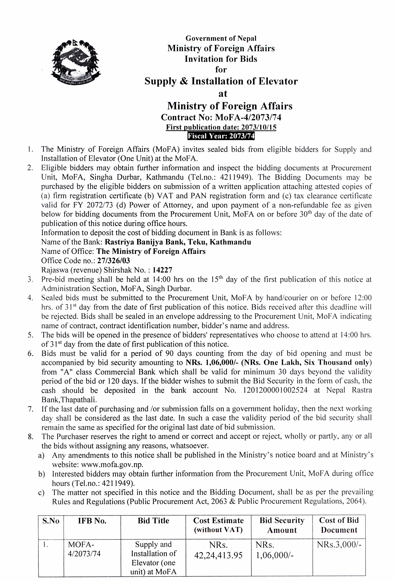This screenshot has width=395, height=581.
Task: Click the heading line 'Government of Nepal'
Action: click(x=221, y=38)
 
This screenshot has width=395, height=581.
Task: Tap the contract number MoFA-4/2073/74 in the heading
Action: click(x=248, y=117)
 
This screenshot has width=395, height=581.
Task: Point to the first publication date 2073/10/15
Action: click(x=259, y=127)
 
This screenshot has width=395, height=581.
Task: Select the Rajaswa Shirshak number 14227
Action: click(x=162, y=270)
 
